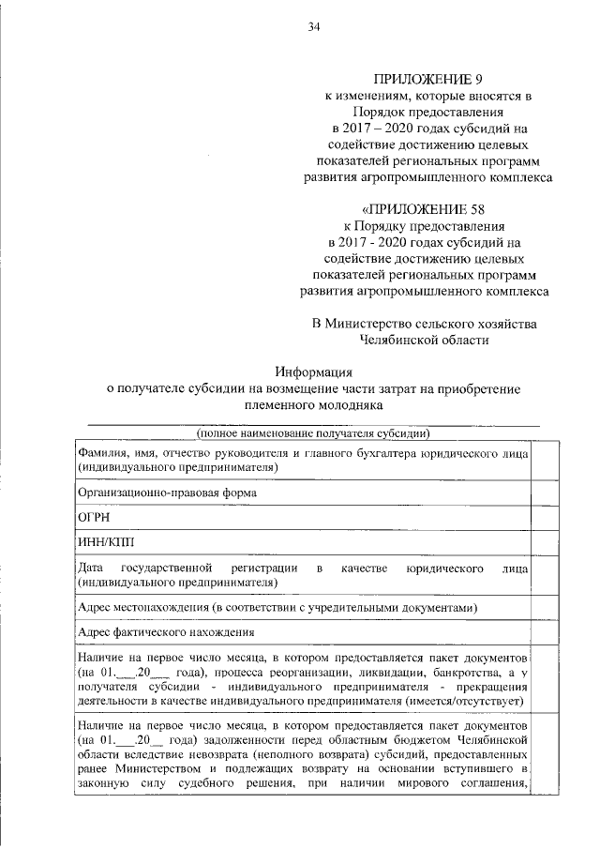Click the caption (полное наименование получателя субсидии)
313,433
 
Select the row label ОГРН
94,516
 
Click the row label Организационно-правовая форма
168,491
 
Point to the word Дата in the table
91,569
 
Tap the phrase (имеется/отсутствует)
465,700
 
